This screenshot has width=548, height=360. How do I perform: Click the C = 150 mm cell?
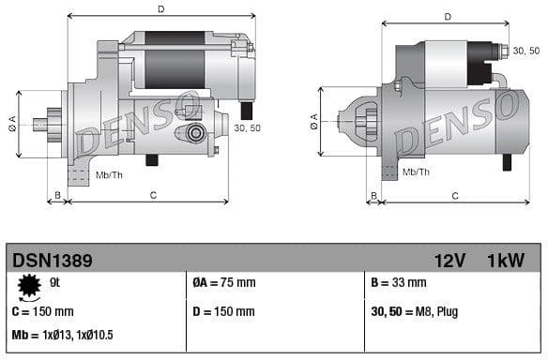tap(43, 311)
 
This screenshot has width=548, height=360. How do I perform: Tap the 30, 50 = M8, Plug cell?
tap(416, 311)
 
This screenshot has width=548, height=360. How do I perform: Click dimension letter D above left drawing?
tap(161, 9)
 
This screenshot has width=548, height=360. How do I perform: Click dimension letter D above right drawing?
tap(447, 17)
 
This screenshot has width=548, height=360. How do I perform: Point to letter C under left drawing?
tap(152, 195)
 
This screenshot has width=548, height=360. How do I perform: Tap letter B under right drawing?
tap(373, 195)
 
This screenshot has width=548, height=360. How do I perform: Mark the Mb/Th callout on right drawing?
tap(417, 172)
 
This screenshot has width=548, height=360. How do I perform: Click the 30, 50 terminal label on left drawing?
tap(248, 128)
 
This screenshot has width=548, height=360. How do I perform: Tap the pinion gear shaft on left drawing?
tap(41, 123)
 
